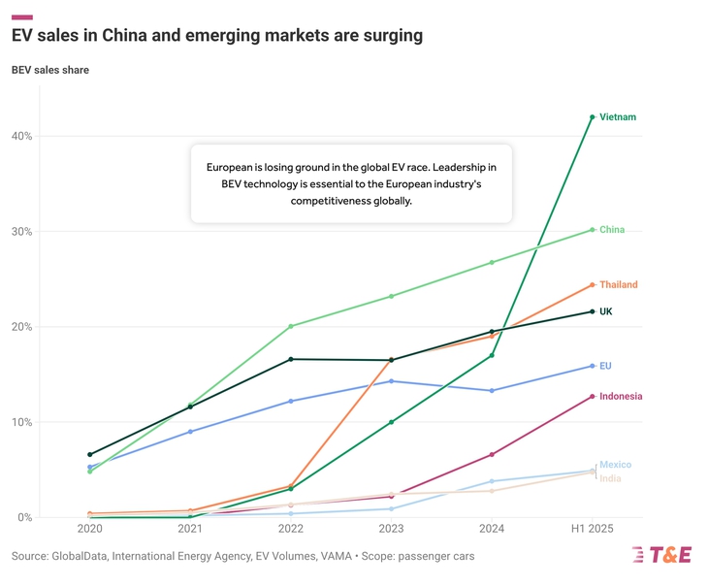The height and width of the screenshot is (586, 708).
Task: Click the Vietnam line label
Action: (x=618, y=117)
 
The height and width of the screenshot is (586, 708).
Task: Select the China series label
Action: (x=612, y=230)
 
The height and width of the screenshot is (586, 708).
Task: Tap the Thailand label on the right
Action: (x=619, y=285)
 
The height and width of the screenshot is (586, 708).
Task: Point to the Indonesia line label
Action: (x=621, y=397)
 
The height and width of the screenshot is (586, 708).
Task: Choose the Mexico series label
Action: (x=615, y=465)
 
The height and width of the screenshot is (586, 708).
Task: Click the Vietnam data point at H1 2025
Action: (x=593, y=117)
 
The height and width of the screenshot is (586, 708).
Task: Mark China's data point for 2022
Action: (x=291, y=326)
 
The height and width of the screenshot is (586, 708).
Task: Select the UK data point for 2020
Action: (x=89, y=454)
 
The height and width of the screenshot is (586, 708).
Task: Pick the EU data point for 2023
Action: (x=391, y=381)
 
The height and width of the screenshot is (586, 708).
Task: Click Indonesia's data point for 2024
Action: (x=492, y=454)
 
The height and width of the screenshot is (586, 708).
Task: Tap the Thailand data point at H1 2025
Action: (x=593, y=285)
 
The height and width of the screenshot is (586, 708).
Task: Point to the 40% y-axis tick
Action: (x=21, y=136)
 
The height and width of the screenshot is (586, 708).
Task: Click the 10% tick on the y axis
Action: (x=21, y=422)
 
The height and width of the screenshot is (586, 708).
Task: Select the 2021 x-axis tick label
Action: (x=190, y=530)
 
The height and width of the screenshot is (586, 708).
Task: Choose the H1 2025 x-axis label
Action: (x=593, y=530)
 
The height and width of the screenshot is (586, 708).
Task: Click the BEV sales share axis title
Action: (x=50, y=70)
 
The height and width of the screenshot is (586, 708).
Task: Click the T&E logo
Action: (x=661, y=555)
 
